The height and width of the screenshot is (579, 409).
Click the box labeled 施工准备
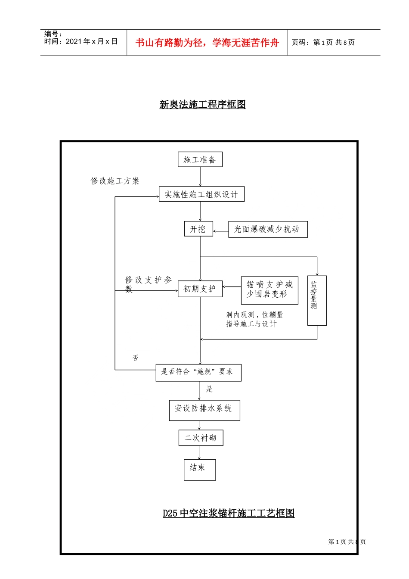(x=200, y=160)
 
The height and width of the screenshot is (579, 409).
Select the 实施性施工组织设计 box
(x=201, y=194)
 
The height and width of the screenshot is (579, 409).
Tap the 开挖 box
(x=198, y=229)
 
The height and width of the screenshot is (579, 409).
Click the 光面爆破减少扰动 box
(x=267, y=229)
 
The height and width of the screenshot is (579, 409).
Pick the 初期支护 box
(x=200, y=289)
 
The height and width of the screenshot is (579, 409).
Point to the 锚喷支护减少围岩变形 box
(x=269, y=290)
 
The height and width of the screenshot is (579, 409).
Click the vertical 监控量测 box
(x=316, y=300)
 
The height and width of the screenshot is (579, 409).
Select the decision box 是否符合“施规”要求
(x=198, y=372)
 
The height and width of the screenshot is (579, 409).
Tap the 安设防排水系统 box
(x=204, y=410)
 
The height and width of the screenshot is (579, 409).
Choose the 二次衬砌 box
(x=201, y=438)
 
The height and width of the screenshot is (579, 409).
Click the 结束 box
(x=199, y=470)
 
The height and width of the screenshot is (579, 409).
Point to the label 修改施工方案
(x=115, y=181)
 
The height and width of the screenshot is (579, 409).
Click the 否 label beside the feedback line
(x=136, y=358)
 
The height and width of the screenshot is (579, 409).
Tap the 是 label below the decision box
(x=209, y=389)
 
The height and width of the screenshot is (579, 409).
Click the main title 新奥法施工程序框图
(x=202, y=105)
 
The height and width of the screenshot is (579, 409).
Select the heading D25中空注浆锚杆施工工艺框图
(x=228, y=513)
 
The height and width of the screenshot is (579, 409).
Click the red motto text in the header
(x=207, y=43)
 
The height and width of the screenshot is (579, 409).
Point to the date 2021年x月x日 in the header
(x=91, y=42)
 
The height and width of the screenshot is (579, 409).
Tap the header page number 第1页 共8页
(x=334, y=43)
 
